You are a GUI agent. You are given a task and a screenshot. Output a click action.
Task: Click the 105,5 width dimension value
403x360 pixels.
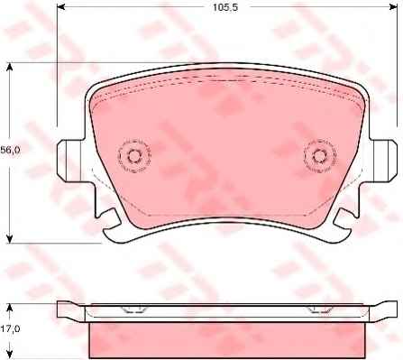pos(225,7)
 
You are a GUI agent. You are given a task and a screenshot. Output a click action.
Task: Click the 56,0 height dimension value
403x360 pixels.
pos(10,150)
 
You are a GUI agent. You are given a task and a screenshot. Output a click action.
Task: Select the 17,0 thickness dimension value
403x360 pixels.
pos(11,329)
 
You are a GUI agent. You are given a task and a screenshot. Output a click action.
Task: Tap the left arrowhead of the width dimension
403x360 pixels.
pos(60,6)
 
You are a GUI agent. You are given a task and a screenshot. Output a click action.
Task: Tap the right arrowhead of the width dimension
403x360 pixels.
pos(393,6)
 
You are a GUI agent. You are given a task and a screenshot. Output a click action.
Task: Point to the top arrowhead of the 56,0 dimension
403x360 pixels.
pos(10,67)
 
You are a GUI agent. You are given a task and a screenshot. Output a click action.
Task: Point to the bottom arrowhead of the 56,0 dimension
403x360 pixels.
pos(10,239)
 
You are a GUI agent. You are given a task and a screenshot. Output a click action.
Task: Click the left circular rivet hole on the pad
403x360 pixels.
pos(134,156)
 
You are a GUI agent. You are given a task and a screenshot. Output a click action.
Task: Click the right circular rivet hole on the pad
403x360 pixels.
pos(319,156)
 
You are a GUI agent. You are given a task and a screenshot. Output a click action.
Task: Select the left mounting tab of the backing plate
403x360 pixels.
pos(69,161)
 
